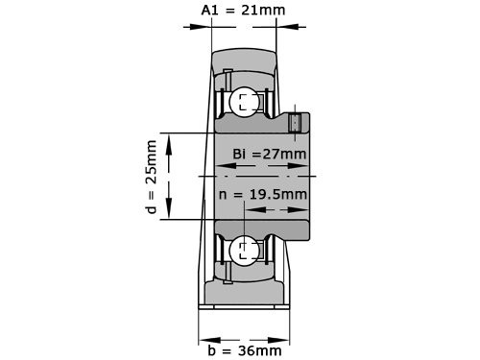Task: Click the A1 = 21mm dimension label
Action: tap(243, 11)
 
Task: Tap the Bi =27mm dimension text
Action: tap(270, 154)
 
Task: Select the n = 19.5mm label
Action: tap(263, 194)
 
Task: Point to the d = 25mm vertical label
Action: tap(152, 177)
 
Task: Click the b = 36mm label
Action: tap(245, 350)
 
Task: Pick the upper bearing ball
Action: tap(245, 102)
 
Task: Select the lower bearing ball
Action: tap(245, 250)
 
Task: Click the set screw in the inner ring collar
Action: tap(295, 123)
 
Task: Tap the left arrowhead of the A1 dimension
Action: tap(201, 27)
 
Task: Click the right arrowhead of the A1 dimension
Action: tap(287, 27)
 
